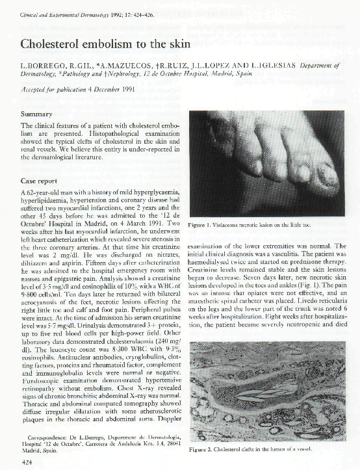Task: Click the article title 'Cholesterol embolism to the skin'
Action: [105, 44]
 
